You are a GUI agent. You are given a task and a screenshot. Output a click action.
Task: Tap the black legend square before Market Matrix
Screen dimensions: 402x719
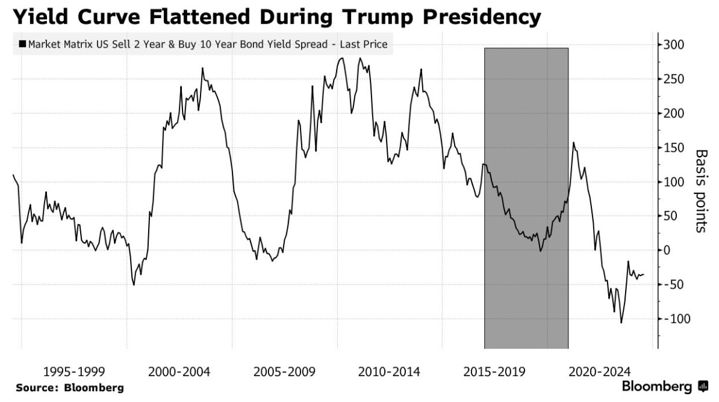(22, 44)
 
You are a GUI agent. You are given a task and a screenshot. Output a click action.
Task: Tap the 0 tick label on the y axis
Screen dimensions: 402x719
(667, 250)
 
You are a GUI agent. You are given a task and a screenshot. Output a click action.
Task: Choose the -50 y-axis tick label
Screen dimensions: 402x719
(674, 284)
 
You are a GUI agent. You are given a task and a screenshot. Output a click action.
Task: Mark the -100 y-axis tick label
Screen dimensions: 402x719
(676, 319)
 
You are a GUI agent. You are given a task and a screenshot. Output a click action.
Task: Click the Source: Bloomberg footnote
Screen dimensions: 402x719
(70, 388)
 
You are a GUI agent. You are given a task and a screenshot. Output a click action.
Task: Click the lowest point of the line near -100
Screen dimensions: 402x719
(621, 323)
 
